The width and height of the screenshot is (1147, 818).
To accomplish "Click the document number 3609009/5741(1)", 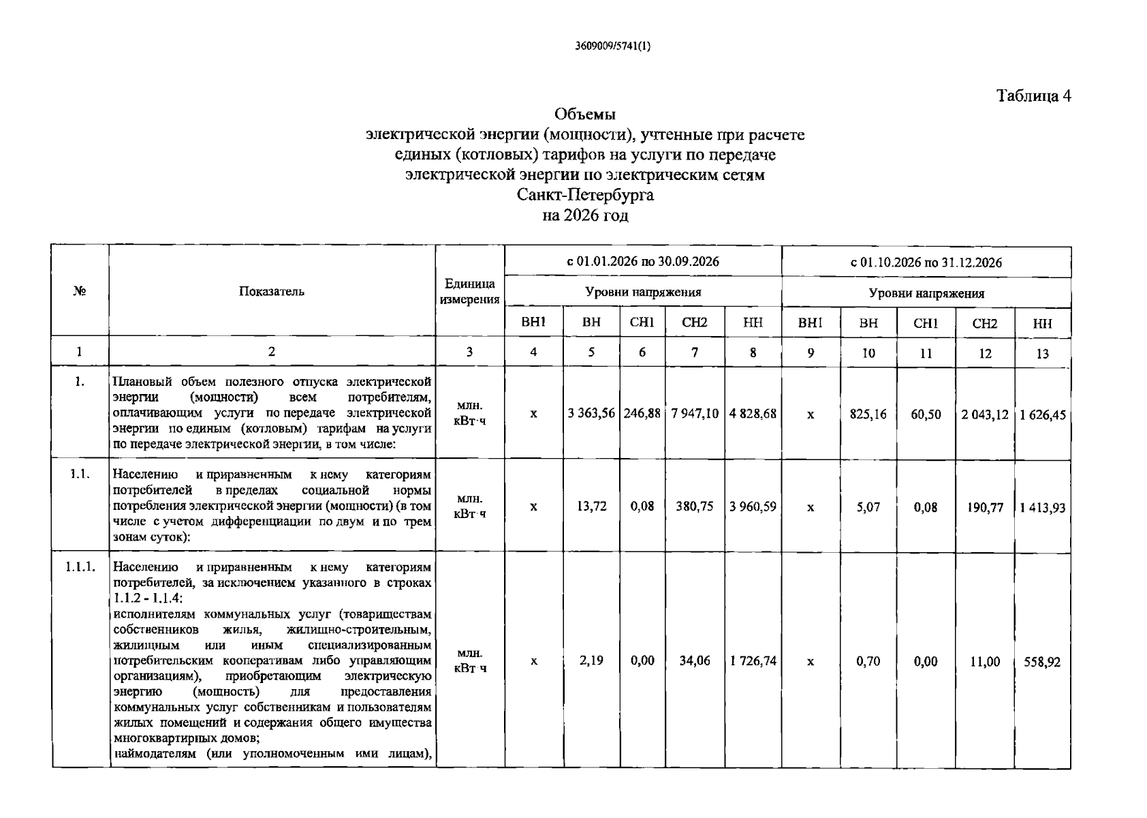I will [x=613, y=47].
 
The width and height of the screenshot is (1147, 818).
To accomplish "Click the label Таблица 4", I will [x=1034, y=96].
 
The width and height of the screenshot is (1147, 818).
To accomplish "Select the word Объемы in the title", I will [x=585, y=114].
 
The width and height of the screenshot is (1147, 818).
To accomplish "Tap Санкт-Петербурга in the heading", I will [x=585, y=195].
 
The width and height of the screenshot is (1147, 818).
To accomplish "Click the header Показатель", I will [x=272, y=292].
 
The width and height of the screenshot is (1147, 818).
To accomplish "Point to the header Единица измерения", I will [x=469, y=292].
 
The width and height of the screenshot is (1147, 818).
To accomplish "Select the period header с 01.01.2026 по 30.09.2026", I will [x=643, y=262].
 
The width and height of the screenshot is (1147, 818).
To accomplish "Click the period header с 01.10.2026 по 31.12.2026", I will [x=926, y=262].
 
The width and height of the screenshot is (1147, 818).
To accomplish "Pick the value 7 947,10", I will [x=695, y=414].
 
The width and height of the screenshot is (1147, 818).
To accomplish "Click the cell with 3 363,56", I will [x=591, y=414].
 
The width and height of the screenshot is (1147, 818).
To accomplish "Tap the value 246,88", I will [x=642, y=414].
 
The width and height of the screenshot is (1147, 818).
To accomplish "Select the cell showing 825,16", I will [x=868, y=414].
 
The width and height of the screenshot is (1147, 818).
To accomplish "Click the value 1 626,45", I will [x=1042, y=414].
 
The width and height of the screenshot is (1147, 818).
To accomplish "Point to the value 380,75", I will [x=695, y=506].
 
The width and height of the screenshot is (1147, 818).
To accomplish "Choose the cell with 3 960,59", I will [x=753, y=506].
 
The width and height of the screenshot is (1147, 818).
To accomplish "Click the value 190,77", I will [x=985, y=507].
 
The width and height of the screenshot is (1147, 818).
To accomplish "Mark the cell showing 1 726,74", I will [x=753, y=661].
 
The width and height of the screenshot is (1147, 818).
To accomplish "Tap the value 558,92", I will [x=1042, y=662].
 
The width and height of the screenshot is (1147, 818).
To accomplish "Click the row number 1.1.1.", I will [x=80, y=567].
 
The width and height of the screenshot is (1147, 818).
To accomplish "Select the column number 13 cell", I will [x=1042, y=353].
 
